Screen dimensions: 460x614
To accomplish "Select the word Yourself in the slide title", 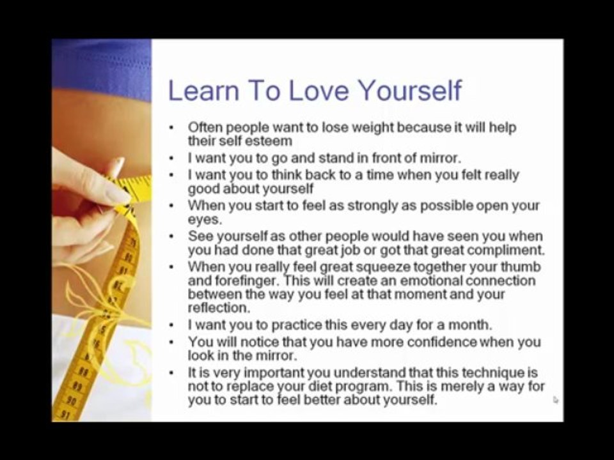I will pos(409,90).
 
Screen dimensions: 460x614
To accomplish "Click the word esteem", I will pos(268,141).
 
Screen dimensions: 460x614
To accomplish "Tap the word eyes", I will pos(204,219).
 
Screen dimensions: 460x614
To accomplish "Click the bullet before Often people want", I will pos(171,127).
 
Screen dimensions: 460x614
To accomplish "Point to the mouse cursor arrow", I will pos(555,399).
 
